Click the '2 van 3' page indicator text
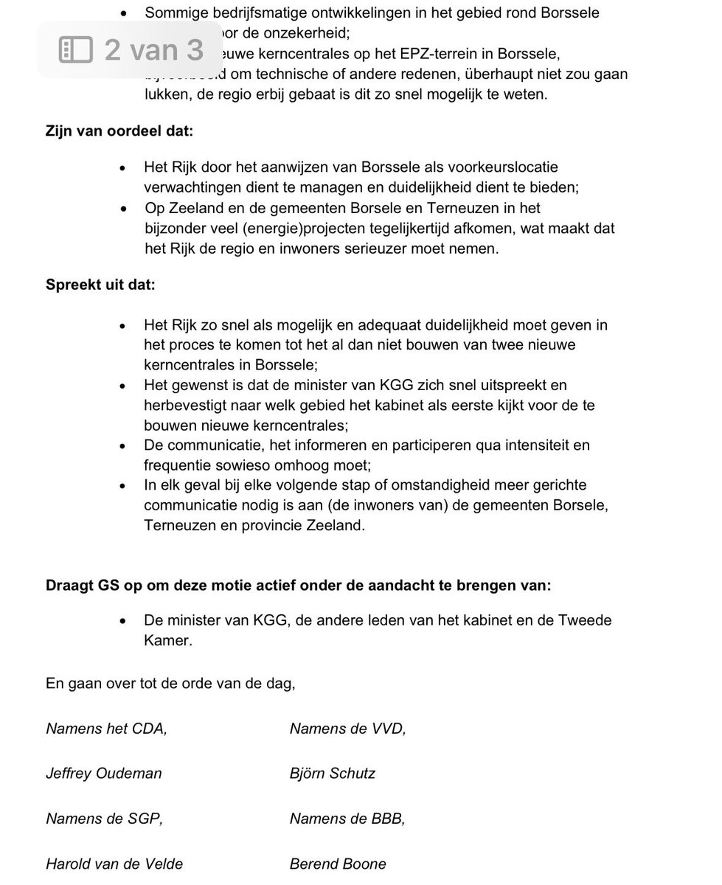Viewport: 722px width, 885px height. pyautogui.click(x=153, y=49)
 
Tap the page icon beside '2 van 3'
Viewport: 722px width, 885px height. pyautogui.click(x=76, y=49)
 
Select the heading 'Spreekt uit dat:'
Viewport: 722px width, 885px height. pyautogui.click(x=100, y=284)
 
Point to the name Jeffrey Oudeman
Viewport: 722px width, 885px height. pyautogui.click(x=104, y=774)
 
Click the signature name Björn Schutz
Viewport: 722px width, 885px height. pyautogui.click(x=333, y=774)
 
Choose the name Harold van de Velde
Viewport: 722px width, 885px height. pyautogui.click(x=114, y=864)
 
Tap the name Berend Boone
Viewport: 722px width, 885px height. pyautogui.click(x=338, y=864)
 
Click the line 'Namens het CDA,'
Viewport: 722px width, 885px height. pyautogui.click(x=106, y=729)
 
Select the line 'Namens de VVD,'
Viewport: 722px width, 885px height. pyautogui.click(x=347, y=729)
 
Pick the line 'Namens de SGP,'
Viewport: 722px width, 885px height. pyautogui.click(x=104, y=819)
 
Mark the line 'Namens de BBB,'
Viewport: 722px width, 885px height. pyautogui.click(x=347, y=819)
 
